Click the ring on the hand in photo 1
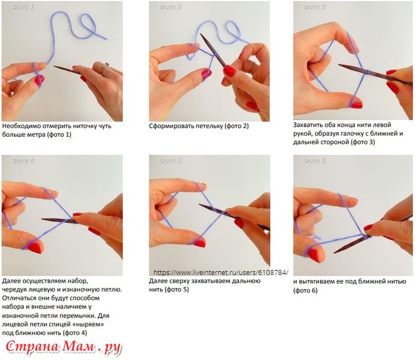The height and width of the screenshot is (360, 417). [x=104, y=68]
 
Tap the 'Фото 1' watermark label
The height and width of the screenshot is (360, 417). [x=23, y=6]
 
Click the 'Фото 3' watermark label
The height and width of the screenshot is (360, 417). [x=315, y=6]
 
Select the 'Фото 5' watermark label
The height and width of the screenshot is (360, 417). [x=171, y=160]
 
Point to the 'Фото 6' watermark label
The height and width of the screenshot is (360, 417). [x=315, y=160]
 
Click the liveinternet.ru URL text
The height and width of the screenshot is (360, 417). [x=221, y=273]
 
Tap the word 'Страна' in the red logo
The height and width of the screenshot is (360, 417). [x=32, y=346]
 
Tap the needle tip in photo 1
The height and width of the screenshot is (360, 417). [x=54, y=67]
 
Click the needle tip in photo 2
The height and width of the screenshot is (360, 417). [x=201, y=35]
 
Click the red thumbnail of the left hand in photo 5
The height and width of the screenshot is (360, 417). [x=199, y=243]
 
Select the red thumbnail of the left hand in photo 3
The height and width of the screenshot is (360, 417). [x=356, y=105]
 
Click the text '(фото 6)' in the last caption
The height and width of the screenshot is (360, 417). [x=305, y=290]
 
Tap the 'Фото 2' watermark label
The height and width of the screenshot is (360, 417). [x=171, y=6]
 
